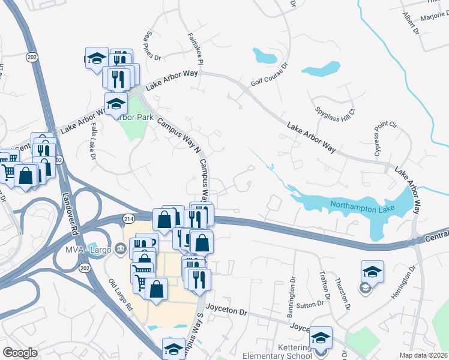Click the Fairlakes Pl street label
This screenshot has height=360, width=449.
196,50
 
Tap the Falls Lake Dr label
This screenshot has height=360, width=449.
94,143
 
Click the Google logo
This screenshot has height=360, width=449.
20,353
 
